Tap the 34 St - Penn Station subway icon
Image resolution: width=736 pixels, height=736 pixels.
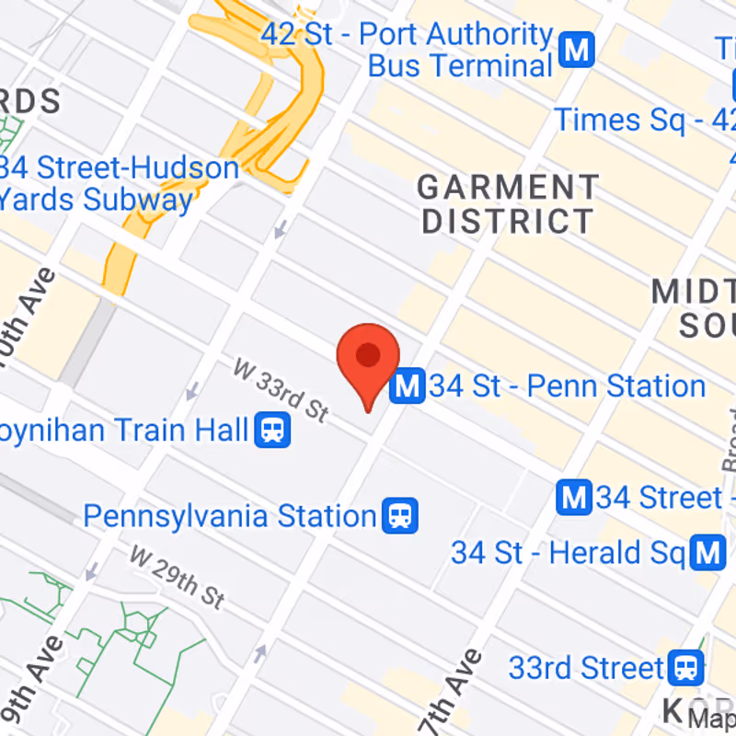407,386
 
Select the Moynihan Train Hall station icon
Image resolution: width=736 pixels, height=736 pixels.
272,430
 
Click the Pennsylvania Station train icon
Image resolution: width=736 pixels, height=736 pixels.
401,515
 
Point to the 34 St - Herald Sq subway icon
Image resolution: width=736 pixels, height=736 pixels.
708,553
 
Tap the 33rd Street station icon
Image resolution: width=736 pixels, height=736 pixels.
686,667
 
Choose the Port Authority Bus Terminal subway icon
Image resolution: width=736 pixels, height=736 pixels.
577,50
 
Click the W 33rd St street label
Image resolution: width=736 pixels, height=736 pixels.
281,390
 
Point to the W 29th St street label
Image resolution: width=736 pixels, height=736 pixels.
178,578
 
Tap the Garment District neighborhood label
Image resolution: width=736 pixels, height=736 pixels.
507,204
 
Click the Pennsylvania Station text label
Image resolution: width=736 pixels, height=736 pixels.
230,516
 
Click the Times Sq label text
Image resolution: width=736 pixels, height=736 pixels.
644,120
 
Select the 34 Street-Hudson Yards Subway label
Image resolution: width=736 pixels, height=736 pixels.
120,184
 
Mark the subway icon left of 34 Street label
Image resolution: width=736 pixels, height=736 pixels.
575,499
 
